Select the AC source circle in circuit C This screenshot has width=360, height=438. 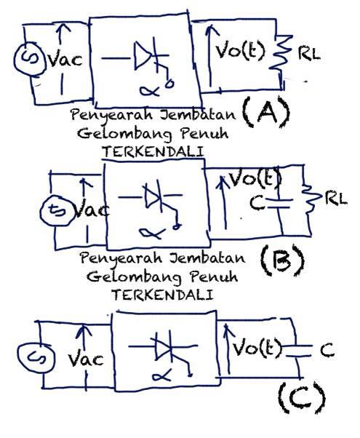click(x=18, y=357)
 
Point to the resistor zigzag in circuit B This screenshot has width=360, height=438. click(x=311, y=199)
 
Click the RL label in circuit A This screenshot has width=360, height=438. click(x=309, y=54)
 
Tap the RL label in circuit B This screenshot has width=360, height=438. click(x=336, y=199)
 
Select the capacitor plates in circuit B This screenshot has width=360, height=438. click(x=279, y=204)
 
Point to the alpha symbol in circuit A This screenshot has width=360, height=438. click(x=150, y=91)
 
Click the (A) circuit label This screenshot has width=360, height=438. click(x=266, y=112)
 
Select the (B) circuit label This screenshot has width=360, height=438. click(x=282, y=260)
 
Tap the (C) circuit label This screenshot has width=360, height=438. click(x=303, y=398)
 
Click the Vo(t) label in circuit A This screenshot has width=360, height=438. click(x=239, y=51)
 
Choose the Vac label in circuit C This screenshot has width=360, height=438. click(x=86, y=359)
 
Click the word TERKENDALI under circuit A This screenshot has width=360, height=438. click(x=153, y=152)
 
